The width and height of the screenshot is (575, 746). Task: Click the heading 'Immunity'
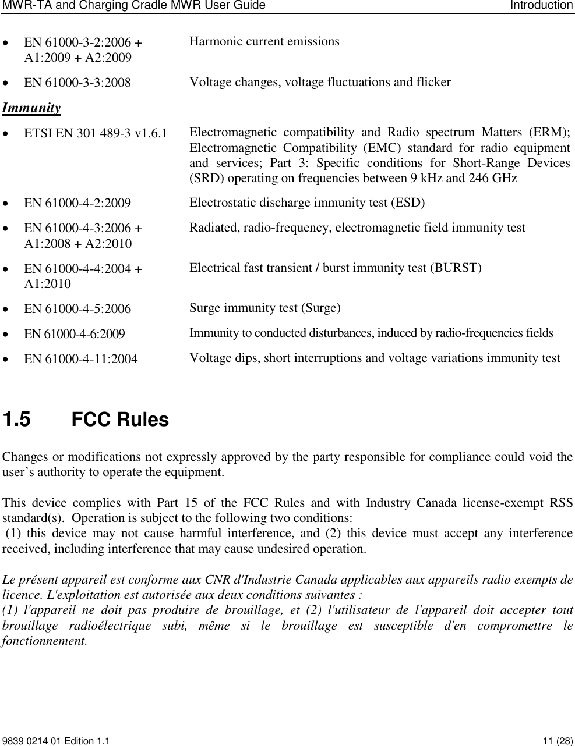[x=31, y=108]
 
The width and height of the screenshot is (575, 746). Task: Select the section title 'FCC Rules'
[x=120, y=420]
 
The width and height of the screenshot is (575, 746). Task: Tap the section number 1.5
[x=17, y=420]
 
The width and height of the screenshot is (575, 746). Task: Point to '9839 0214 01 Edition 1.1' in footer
[x=55, y=741]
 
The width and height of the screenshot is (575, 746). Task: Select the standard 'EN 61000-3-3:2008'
[x=77, y=82]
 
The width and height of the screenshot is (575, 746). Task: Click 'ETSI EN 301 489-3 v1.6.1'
[x=95, y=133]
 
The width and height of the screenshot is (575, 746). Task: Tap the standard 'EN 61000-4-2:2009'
[x=77, y=203]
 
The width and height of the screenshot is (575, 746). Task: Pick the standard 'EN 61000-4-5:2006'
[x=77, y=308]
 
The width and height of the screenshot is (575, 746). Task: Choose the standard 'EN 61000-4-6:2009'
[x=74, y=334]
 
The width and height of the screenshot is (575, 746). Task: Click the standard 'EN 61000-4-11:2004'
[x=80, y=359]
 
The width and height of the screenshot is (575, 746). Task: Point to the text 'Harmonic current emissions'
[x=264, y=41]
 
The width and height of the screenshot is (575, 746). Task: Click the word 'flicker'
[x=431, y=82]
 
